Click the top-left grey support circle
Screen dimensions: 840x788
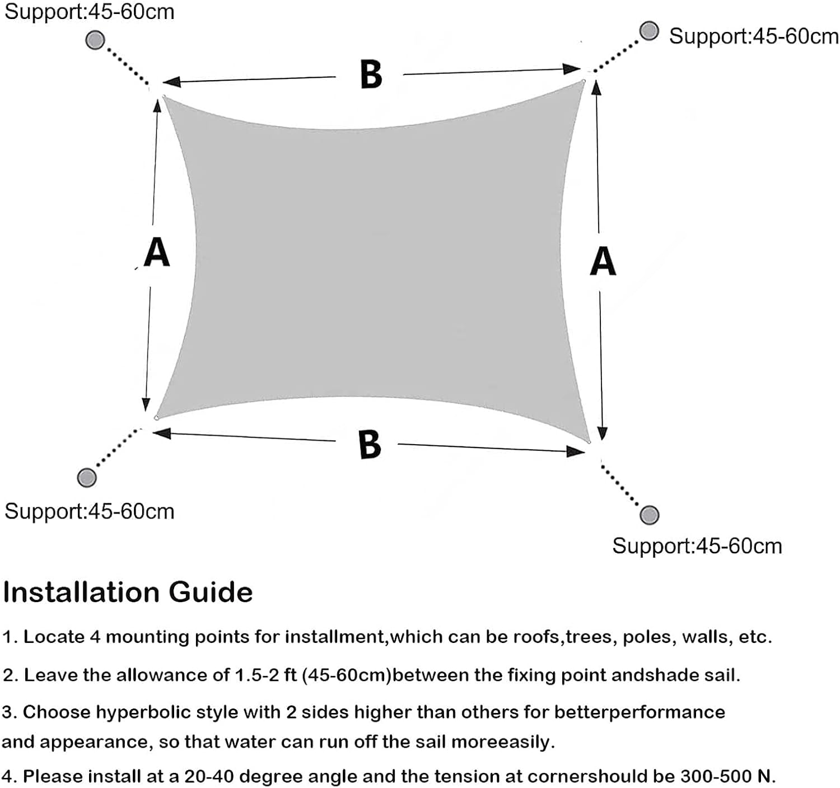(95, 40)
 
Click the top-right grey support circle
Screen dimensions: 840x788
(649, 31)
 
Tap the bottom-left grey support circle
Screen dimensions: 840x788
(87, 477)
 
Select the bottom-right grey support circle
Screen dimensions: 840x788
(649, 515)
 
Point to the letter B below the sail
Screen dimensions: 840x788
(370, 444)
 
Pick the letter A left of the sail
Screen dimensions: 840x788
(156, 251)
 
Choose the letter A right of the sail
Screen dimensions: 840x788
(603, 261)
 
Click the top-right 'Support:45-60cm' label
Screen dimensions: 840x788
(754, 36)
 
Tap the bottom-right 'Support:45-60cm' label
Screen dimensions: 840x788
(697, 546)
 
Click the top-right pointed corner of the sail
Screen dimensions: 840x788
(584, 81)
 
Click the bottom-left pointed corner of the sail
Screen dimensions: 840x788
(156, 418)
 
